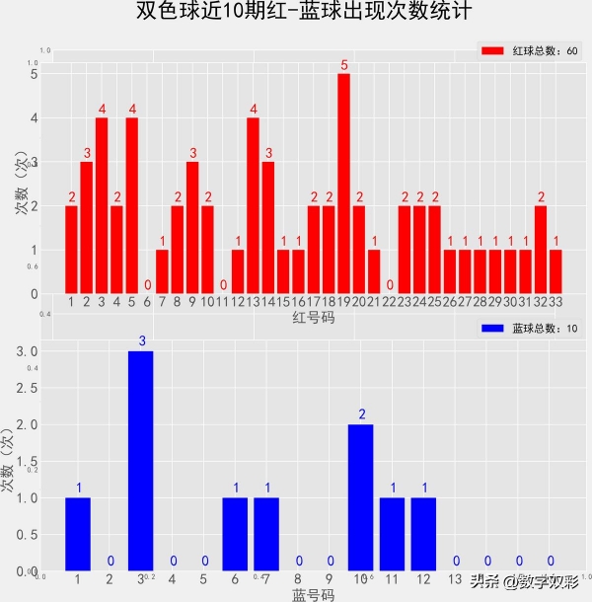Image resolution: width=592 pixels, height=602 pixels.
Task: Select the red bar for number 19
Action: (x=343, y=183)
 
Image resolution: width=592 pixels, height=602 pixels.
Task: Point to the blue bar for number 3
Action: (x=141, y=460)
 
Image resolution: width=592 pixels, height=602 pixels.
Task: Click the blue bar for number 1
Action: (x=78, y=533)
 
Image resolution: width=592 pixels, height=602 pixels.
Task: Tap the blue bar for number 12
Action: (x=424, y=533)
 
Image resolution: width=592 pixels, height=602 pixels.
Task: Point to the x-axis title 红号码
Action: (x=313, y=318)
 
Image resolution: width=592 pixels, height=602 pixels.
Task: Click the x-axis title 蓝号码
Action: (x=313, y=594)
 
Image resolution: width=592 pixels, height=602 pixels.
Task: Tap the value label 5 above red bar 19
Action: (x=344, y=66)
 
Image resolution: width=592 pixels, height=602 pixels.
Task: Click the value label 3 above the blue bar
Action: (x=141, y=341)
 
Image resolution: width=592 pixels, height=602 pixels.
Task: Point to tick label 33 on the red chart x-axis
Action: (x=556, y=301)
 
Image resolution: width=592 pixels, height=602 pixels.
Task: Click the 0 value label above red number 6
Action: (x=147, y=285)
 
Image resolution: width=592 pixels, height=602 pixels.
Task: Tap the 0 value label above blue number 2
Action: (x=110, y=562)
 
